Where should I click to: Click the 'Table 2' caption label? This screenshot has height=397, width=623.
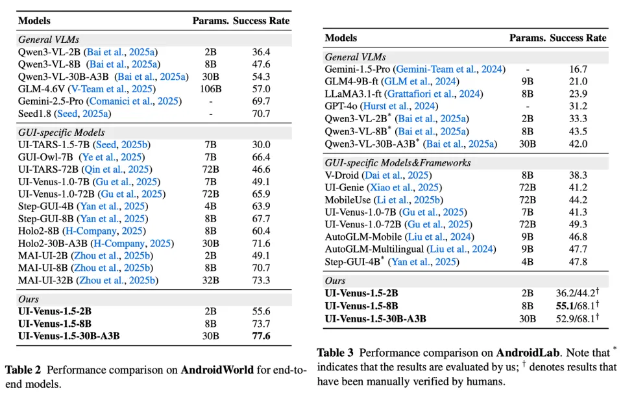24,370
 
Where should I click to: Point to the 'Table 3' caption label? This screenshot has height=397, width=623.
336,353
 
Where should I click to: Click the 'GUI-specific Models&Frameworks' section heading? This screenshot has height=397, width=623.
398,162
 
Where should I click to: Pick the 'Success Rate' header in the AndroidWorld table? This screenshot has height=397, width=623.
262,21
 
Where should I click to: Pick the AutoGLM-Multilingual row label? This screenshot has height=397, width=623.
374,249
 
